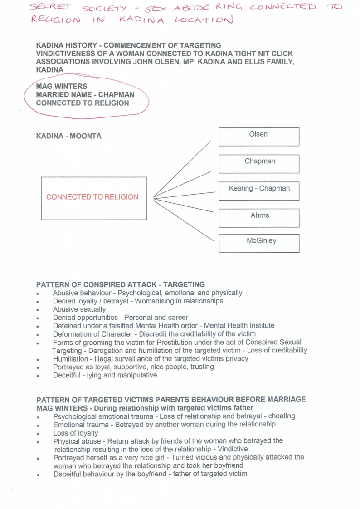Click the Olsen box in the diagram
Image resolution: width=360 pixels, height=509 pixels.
tap(258, 137)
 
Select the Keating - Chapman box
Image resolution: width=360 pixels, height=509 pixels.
tap(258, 191)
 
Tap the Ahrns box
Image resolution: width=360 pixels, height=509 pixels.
tap(258, 218)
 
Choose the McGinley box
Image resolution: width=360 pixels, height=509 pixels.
tap(258, 243)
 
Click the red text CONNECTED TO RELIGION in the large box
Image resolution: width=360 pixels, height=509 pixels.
tap(92, 197)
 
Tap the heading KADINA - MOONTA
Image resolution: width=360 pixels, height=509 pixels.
tap(68, 136)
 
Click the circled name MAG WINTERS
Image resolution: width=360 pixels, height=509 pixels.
tap(61, 86)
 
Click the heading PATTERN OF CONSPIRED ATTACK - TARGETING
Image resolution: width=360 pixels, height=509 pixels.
tap(120, 284)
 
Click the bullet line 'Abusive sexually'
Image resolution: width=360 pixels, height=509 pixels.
tap(79, 309)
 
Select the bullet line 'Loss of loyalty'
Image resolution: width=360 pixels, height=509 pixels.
tap(75, 433)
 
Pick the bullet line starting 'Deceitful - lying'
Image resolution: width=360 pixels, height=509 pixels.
tap(105, 375)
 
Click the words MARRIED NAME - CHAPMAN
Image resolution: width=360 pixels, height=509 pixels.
tap(85, 95)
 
